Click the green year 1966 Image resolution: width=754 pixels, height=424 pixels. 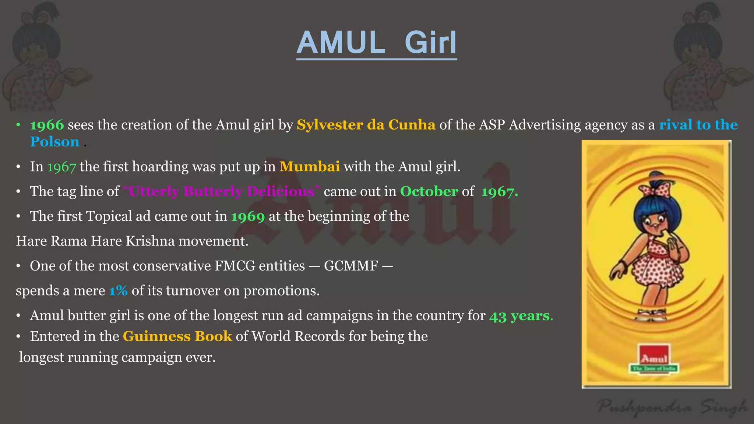click(47, 125)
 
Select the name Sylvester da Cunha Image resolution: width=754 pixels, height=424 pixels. click(366, 125)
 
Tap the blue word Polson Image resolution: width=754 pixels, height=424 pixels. click(54, 142)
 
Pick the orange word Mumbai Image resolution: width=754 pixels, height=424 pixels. click(309, 167)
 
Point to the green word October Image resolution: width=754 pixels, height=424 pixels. click(429, 191)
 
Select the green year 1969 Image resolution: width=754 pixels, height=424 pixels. click(248, 216)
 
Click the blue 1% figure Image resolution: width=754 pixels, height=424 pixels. click(118, 291)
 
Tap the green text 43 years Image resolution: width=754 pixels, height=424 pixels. click(521, 316)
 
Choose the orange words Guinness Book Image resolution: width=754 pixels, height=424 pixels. click(177, 336)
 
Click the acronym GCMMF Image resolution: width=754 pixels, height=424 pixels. click(351, 266)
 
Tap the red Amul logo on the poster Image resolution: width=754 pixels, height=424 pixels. click(654, 357)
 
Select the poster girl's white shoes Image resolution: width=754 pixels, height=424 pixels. click(652, 315)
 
